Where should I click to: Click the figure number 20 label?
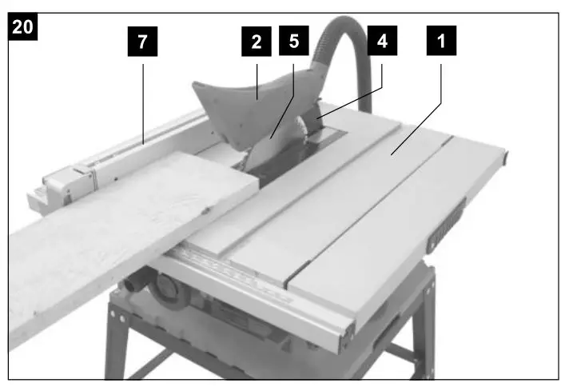pos(23,26)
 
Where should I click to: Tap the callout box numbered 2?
pos(256,42)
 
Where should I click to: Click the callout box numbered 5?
pos(292,42)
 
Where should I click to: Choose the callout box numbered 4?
pos(381,42)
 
